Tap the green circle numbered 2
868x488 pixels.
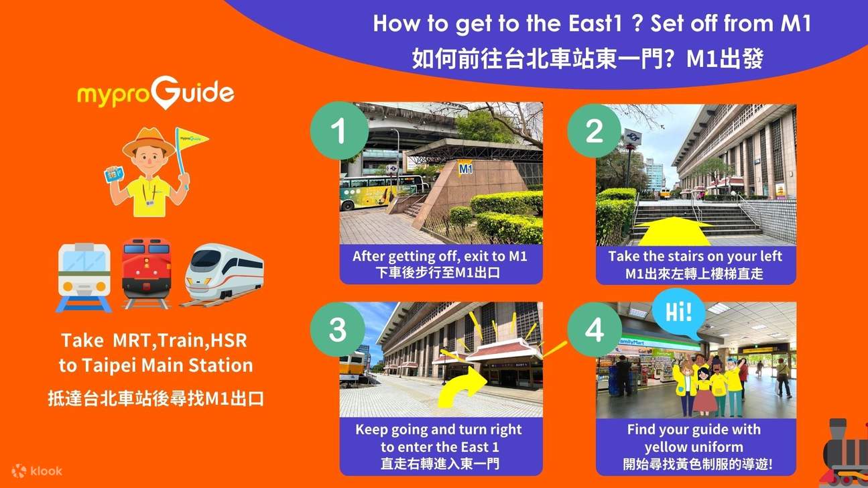coord(595,131)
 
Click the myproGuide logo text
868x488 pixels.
coord(156,94)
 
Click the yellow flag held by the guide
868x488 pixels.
coord(191,140)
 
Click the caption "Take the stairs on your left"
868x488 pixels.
coord(695,256)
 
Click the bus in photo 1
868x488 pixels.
coord(375,192)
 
